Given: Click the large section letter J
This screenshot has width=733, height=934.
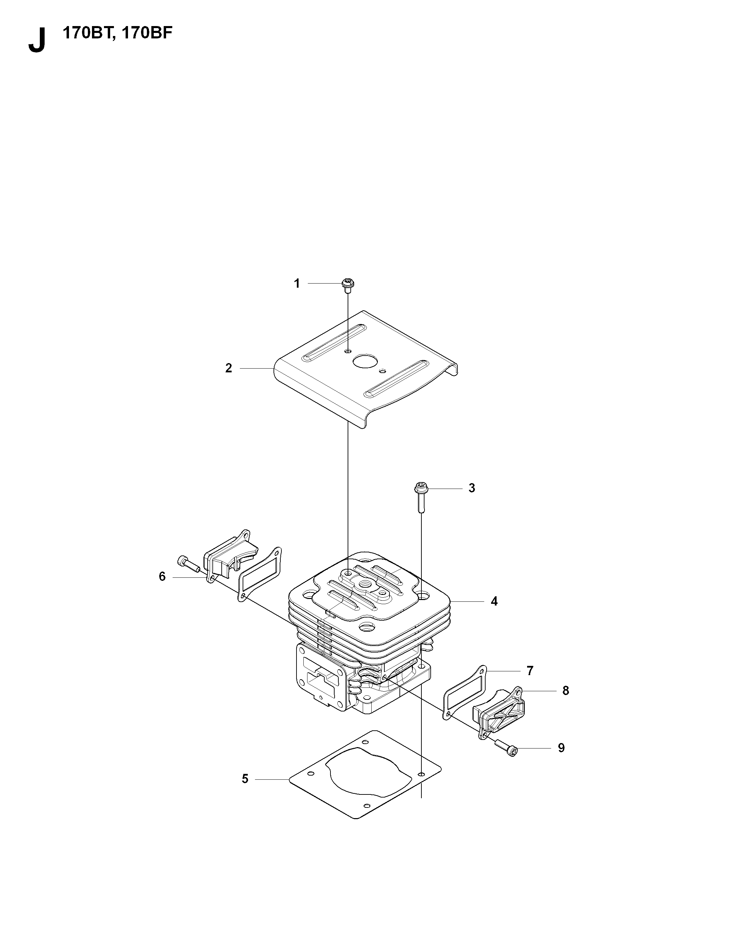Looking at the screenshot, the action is coord(37,40).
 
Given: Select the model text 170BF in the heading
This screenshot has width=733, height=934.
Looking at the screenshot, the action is coord(147,34).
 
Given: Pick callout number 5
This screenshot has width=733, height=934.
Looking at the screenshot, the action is coord(245,779).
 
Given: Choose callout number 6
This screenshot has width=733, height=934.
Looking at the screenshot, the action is coord(162,577).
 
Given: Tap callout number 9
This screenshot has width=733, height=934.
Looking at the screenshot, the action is coord(561,748).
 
